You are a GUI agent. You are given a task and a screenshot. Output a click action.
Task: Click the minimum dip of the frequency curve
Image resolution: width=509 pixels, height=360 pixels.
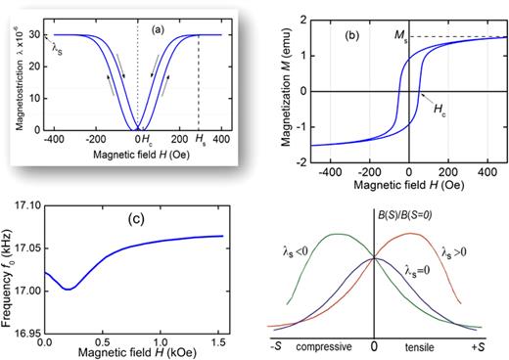[67, 289]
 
